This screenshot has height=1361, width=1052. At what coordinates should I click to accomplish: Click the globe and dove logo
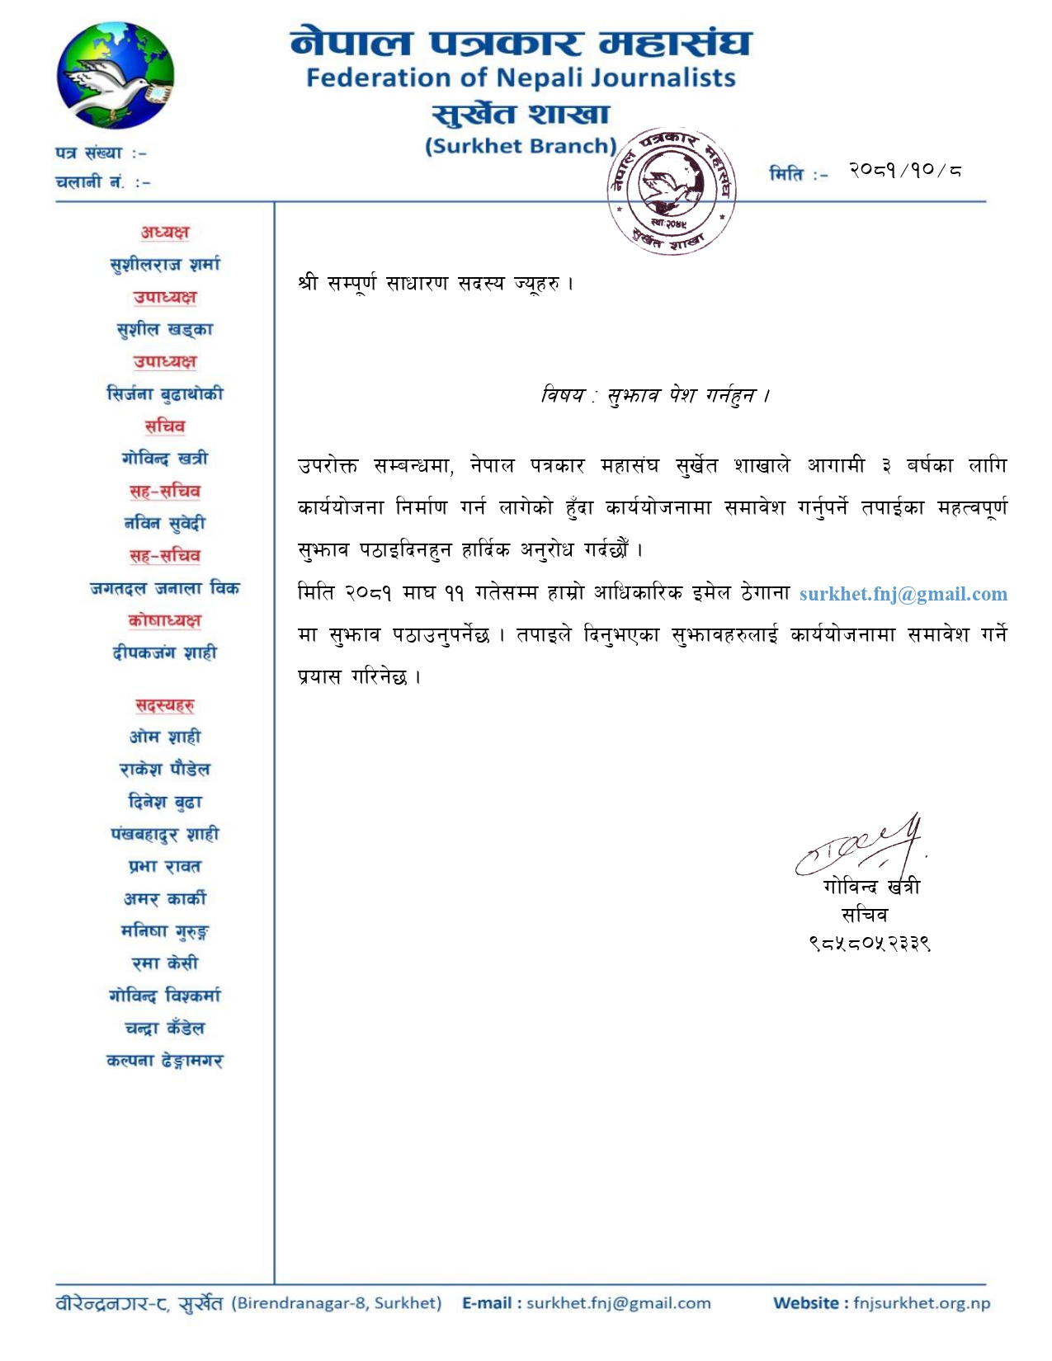(115, 76)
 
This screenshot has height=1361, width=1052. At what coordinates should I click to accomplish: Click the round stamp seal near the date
(671, 191)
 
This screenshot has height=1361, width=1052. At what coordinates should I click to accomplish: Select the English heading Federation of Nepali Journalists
(521, 78)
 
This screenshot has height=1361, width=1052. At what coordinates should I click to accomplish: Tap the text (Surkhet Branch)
(521, 147)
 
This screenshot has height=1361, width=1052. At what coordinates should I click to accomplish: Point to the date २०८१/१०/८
(905, 171)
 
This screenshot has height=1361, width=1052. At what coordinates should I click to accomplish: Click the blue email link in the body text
(903, 594)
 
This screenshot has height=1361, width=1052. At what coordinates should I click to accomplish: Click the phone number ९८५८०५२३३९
(870, 943)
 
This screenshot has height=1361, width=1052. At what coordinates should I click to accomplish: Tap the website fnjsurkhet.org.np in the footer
(921, 1303)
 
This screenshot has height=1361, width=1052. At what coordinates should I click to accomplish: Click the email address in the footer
(618, 1303)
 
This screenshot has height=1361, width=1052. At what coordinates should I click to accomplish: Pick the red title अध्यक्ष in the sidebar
(165, 233)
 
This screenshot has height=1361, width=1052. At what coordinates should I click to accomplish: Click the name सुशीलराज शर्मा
(165, 265)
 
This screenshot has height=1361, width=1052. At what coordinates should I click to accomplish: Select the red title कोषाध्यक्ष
(165, 620)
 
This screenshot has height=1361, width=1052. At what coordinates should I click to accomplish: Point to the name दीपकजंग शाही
(165, 653)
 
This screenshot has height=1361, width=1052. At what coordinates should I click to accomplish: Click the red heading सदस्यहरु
(165, 705)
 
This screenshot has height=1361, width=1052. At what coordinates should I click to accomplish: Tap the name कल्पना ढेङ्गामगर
(165, 1061)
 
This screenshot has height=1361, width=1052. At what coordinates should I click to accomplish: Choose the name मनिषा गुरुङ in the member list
(165, 931)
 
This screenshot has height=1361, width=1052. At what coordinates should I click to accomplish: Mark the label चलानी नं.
(90, 182)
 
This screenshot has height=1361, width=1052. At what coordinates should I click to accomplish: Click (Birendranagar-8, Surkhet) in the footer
(337, 1303)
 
